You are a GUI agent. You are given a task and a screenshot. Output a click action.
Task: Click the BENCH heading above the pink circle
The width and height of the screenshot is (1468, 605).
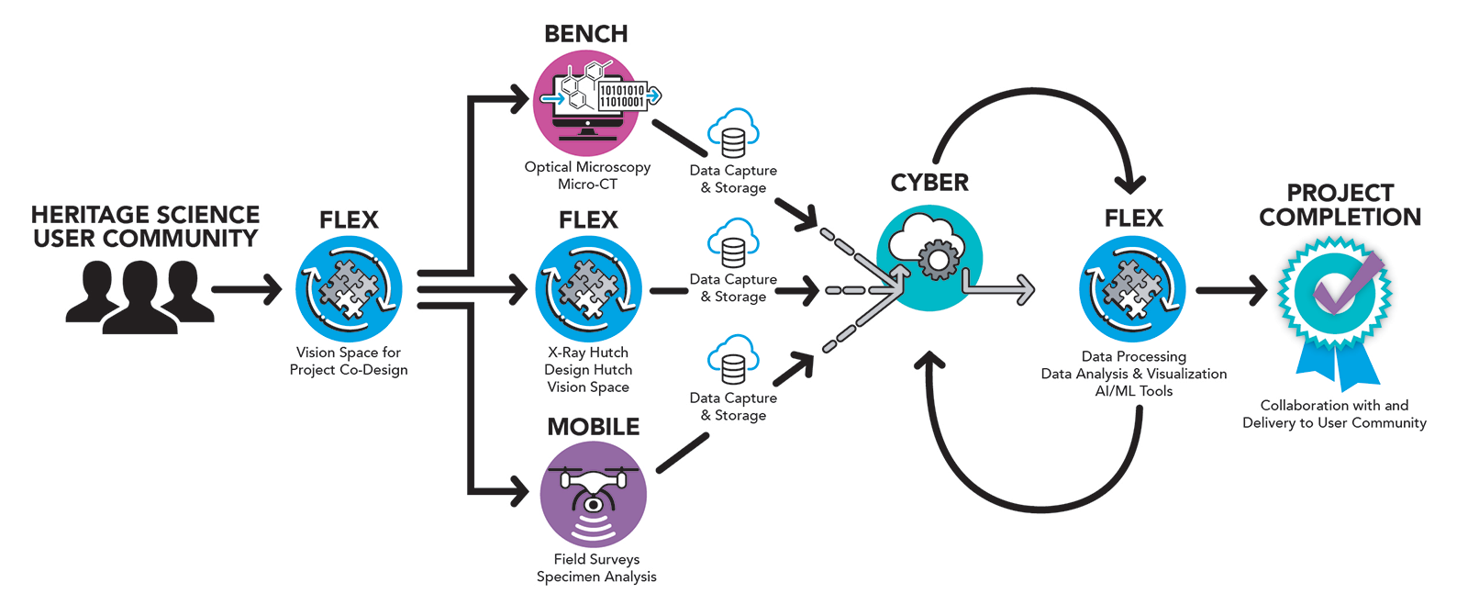(585, 34)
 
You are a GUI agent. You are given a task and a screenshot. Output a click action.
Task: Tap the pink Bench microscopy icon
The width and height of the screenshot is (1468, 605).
(587, 102)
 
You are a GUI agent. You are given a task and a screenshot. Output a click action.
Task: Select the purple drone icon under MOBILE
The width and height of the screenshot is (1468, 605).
(594, 494)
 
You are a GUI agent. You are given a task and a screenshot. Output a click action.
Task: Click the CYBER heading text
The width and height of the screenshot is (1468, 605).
(929, 183)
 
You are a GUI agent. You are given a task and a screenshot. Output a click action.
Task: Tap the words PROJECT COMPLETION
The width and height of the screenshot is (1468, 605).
(1340, 206)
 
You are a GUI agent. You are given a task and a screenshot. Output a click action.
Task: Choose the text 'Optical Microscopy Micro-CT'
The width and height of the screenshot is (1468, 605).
(587, 175)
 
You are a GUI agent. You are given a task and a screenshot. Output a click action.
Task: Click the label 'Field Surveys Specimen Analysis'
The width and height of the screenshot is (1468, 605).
(596, 567)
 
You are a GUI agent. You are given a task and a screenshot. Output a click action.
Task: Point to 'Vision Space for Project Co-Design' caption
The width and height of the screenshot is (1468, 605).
(349, 361)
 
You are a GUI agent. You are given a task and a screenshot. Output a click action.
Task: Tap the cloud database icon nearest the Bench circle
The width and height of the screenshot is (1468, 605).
(733, 134)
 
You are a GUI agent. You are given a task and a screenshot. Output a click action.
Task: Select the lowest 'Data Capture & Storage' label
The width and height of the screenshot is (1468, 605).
(733, 406)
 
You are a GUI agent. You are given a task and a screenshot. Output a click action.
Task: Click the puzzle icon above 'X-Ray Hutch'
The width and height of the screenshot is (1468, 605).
(588, 288)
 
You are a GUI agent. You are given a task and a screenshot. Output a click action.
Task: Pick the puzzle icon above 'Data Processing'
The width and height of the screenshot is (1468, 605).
(1133, 288)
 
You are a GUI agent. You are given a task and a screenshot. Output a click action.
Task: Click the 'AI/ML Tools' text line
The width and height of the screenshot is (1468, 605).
(1133, 391)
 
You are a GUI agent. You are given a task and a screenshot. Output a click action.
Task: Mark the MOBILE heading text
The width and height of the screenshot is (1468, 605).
(594, 427)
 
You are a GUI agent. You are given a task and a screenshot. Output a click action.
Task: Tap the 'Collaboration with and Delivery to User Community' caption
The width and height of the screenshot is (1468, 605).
(1334, 414)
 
